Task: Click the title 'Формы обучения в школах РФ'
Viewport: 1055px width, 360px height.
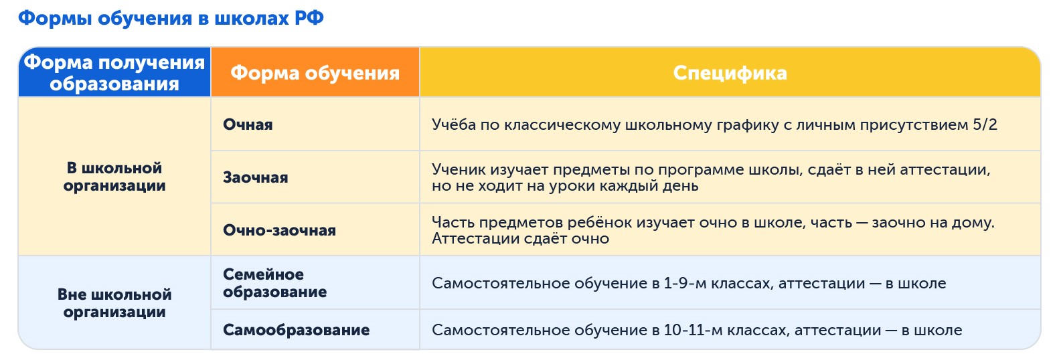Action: coord(171,18)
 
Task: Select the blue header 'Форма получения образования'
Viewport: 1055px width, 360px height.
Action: coord(114,73)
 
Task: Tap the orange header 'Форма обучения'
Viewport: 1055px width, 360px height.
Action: coord(315,73)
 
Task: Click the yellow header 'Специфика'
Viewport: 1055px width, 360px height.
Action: coord(730,73)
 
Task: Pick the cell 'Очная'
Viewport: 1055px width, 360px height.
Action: coord(248,125)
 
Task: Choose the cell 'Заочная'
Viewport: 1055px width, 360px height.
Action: coord(255,178)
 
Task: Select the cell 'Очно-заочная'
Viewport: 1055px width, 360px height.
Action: coord(279,231)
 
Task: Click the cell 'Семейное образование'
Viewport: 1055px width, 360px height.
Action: coord(274,283)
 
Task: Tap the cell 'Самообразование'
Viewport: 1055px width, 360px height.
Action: coord(296,331)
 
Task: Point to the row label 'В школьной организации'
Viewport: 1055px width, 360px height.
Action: coord(114,177)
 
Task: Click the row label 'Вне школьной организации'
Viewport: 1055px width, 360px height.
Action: coord(114,303)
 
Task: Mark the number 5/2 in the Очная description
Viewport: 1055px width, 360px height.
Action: coord(985,125)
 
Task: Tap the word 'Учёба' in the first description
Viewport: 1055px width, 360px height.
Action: coord(453,125)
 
